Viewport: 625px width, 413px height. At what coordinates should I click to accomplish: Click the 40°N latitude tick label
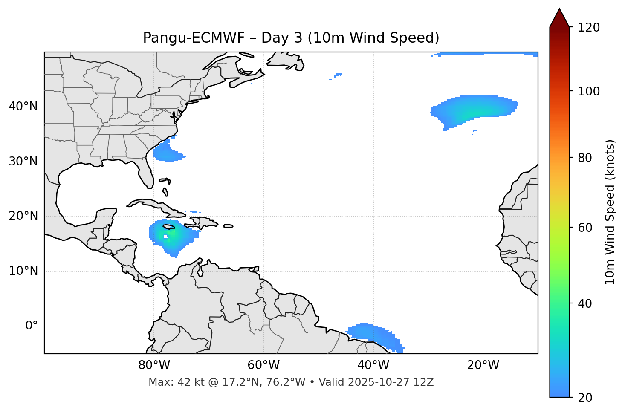click(23, 107)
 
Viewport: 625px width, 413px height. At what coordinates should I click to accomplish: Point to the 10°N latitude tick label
click(23, 271)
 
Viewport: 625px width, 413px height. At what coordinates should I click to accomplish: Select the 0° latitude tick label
click(32, 326)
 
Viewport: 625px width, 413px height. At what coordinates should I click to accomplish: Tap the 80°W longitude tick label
click(154, 365)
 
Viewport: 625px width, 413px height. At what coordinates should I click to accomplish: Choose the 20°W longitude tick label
click(483, 365)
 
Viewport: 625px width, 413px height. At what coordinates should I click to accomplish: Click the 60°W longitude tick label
click(263, 365)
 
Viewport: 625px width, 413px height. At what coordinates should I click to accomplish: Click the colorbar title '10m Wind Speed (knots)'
click(610, 212)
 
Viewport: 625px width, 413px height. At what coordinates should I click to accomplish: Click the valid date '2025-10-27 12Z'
click(391, 382)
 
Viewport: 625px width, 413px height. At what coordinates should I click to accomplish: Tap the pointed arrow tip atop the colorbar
click(559, 10)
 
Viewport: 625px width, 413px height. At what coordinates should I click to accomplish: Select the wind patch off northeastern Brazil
click(373, 333)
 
